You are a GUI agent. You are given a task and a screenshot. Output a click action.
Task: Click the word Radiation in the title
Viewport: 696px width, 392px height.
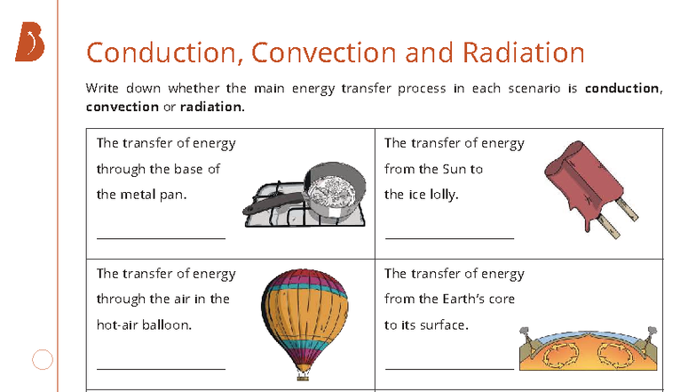pyautogui.click(x=523, y=52)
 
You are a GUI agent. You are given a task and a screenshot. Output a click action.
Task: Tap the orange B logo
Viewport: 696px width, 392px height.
pyautogui.click(x=28, y=44)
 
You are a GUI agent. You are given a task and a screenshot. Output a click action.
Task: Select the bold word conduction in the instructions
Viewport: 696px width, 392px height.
pyautogui.click(x=622, y=88)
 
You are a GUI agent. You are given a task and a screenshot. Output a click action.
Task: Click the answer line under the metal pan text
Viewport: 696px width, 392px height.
pyautogui.click(x=161, y=238)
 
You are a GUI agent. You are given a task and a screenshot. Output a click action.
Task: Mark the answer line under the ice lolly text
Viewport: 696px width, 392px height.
pyautogui.click(x=449, y=238)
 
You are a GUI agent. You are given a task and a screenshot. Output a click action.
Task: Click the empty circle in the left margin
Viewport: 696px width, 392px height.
pyautogui.click(x=43, y=359)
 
